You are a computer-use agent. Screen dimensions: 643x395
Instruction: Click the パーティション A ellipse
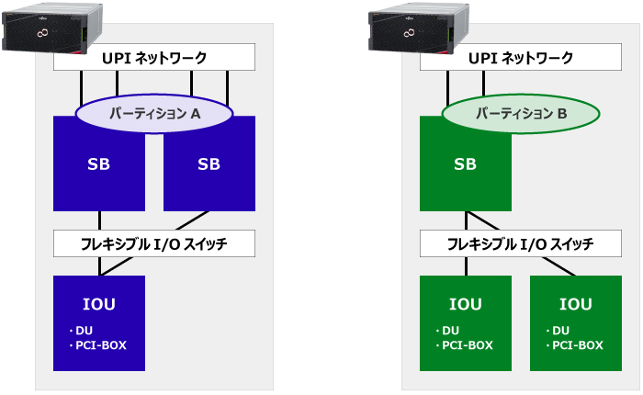coord(154,113)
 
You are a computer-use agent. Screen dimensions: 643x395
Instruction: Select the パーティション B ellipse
coord(521,113)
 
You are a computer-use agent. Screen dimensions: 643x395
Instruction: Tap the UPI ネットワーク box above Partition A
coord(154,57)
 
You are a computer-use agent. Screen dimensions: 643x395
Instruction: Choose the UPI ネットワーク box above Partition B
coord(521,57)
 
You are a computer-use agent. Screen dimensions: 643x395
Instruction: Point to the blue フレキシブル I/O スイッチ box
coord(154,243)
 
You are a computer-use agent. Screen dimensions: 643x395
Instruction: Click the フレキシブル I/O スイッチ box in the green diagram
coord(521,243)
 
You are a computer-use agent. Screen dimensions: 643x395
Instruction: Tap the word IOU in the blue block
coord(99,304)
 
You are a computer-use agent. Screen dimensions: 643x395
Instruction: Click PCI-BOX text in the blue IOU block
coord(101,345)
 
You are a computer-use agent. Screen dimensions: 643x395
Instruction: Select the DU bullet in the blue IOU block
coord(81,331)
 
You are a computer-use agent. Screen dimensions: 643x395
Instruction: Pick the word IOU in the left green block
coord(466,304)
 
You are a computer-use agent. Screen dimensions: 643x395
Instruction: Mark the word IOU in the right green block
coord(576,304)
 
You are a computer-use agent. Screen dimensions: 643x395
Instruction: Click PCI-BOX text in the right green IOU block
coord(578,345)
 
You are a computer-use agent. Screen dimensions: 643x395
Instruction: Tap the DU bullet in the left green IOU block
coord(447,331)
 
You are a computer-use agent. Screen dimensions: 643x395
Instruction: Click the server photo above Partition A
coord(52,28)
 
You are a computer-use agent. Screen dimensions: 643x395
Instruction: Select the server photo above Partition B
coord(419,28)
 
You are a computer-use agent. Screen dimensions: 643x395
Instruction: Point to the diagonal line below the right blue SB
coord(192,220)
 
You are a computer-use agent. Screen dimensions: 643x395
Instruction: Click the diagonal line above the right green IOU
coord(558,266)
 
